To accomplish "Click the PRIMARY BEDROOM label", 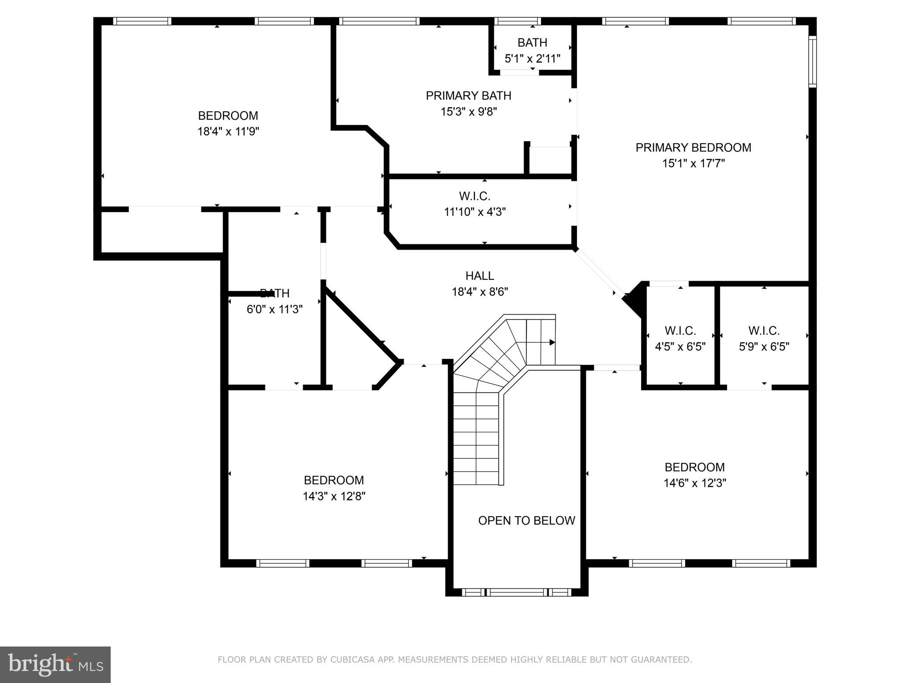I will click(x=693, y=148).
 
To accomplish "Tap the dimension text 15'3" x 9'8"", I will click(x=469, y=112).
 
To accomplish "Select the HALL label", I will click(x=480, y=276).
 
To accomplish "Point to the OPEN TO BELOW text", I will click(x=526, y=521).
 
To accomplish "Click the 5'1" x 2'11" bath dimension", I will click(x=532, y=59).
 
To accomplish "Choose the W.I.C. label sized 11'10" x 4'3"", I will click(x=474, y=196).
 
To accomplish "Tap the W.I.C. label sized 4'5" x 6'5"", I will click(x=680, y=331).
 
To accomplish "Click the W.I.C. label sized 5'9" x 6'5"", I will click(x=764, y=331).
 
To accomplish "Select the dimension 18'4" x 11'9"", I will click(x=228, y=132).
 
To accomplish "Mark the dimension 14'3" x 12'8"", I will click(x=334, y=496).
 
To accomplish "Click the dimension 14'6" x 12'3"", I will click(x=694, y=483).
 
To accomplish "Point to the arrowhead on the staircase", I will click(x=552, y=342).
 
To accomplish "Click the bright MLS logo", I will click(x=55, y=665).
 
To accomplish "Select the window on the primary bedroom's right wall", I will click(x=812, y=62).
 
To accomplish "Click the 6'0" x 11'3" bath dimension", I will click(x=274, y=309).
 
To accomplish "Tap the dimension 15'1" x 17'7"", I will click(x=693, y=164).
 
